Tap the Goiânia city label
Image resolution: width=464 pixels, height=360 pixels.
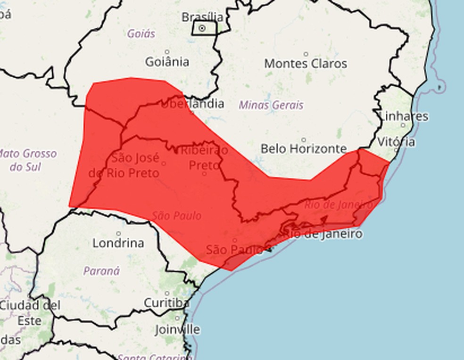click(x=167, y=62)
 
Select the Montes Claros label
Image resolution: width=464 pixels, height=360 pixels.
click(x=306, y=64)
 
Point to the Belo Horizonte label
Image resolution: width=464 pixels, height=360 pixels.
click(x=304, y=149)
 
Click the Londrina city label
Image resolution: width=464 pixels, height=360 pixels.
click(x=118, y=243)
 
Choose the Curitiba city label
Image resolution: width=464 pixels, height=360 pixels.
click(x=166, y=303)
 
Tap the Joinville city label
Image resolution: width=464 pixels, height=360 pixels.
click(x=177, y=329)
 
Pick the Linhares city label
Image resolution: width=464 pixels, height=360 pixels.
click(x=404, y=116)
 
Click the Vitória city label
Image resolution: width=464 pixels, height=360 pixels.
click(x=397, y=141)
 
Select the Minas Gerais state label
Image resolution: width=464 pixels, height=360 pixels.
click(x=271, y=105)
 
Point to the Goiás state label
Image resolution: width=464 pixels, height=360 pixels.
click(x=141, y=33)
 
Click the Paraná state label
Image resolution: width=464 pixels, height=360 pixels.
click(x=101, y=271)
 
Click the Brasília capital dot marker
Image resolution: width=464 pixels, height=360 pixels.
click(x=202, y=28)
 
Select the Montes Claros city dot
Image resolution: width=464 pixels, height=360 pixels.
click(x=306, y=54)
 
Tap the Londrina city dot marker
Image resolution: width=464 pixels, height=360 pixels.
click(x=118, y=233)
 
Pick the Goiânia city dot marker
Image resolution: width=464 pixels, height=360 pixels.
click(x=167, y=52)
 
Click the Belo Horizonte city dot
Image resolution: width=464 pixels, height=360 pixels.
click(x=304, y=139)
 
